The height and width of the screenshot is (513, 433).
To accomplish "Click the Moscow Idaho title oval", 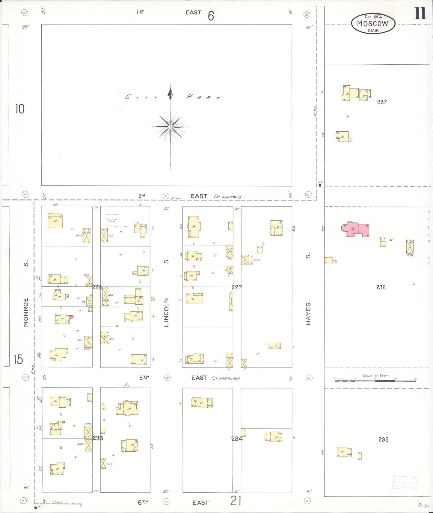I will tap(373, 23).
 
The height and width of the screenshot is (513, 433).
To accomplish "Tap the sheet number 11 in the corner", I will tap(420, 13).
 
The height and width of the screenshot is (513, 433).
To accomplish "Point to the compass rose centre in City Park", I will tap(171, 127).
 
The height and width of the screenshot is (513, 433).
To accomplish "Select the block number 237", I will tap(382, 102).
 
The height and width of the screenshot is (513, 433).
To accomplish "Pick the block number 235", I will tap(383, 439).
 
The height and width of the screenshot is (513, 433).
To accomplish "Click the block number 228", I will tap(97, 287).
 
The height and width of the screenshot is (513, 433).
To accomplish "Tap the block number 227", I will tap(236, 287).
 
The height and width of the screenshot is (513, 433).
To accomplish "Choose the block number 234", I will tap(236, 439).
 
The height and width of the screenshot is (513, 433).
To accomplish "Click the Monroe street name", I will tap(26, 312).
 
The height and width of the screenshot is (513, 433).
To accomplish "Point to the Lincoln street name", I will tap(167, 312).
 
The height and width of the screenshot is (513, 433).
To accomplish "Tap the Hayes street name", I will tap(308, 314).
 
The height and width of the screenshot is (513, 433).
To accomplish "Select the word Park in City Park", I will tap(204, 97).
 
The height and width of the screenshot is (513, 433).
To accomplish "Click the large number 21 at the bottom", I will tap(236, 500).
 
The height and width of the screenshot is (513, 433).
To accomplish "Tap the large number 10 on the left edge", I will tap(20, 109).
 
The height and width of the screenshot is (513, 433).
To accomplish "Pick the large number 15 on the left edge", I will tap(18, 359).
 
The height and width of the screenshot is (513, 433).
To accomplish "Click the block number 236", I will tap(381, 287).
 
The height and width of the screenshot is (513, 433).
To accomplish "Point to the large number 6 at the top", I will tap(211, 16).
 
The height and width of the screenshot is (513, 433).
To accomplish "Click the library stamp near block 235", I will tap(405, 482).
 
